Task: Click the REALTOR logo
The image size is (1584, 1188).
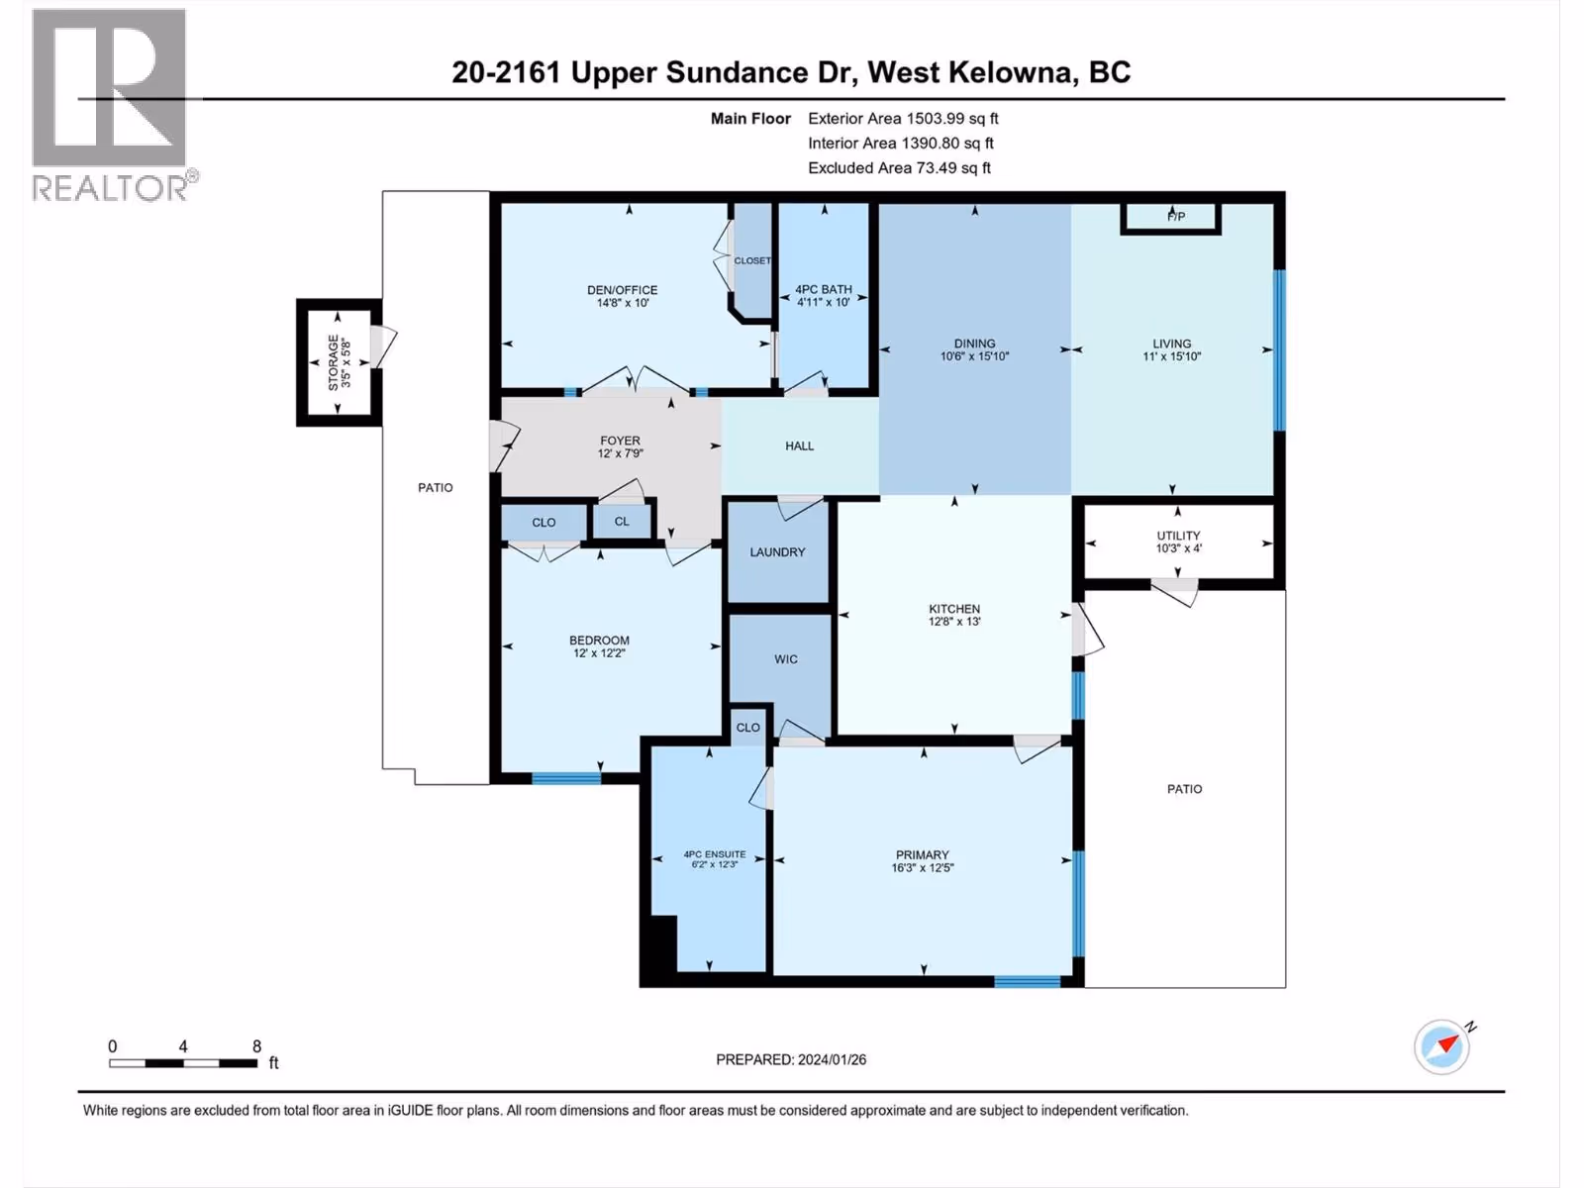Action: coord(113,105)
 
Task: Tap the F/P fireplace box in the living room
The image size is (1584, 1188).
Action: coord(1170,218)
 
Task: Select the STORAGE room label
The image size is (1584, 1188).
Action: coord(334,362)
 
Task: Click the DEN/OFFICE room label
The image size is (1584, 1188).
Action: coord(622,290)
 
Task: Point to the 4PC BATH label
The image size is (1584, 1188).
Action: coord(824,289)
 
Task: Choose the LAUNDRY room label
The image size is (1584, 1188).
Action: coord(777,551)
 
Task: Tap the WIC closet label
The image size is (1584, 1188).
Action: coord(786,658)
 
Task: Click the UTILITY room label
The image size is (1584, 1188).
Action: coord(1178,536)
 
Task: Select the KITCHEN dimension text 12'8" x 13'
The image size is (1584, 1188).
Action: coord(954,621)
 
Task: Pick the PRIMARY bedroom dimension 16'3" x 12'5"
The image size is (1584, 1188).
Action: coord(923,868)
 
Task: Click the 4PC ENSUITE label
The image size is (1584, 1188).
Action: coord(715,854)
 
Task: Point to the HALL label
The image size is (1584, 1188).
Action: coord(800,445)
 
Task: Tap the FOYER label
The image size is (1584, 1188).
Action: coord(620,440)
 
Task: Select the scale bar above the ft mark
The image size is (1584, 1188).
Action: coord(183,1063)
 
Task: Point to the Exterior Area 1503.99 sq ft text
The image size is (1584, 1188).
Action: coord(904,118)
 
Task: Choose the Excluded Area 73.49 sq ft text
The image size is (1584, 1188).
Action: coord(899,168)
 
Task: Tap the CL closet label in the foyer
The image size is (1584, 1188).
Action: coord(622,521)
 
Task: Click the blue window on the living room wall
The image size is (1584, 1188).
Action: coord(1279,349)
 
